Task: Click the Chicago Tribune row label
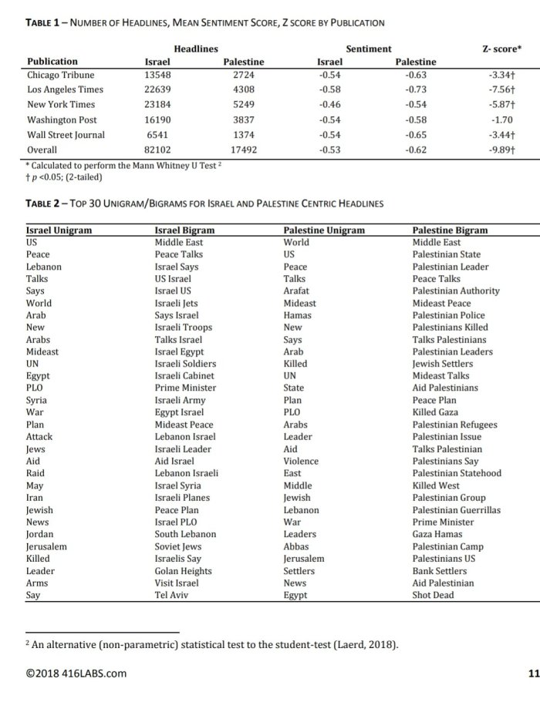coord(61,75)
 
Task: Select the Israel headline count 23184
coord(160,105)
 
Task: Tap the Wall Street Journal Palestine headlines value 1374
coord(243,135)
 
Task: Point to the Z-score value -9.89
coord(503,150)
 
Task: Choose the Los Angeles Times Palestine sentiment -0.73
coord(416,90)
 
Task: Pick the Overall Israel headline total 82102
coord(160,150)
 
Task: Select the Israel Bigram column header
coord(184,230)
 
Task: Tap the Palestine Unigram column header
coord(324,230)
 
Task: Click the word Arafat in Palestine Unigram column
coord(296,291)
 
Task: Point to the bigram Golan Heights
coord(182,570)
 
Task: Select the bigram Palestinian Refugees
coord(455,425)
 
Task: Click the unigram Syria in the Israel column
coord(36,400)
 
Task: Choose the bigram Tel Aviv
coord(171,595)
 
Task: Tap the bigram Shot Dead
coord(433,595)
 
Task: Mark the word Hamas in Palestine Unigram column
coord(297,315)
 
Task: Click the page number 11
coord(533,674)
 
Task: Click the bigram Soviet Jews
coord(178,546)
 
